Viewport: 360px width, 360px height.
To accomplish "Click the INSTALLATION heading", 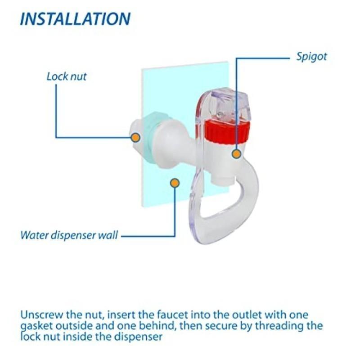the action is click(75, 19).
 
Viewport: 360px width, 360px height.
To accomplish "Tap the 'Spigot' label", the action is click(311, 57).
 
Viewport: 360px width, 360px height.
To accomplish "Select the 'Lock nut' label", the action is click(67, 76).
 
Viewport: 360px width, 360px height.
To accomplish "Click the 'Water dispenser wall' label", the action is click(69, 235).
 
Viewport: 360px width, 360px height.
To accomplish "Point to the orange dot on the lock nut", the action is click(135, 137).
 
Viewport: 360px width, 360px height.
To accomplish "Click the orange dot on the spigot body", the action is click(236, 153).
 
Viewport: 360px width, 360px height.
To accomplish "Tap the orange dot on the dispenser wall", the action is click(175, 183).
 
